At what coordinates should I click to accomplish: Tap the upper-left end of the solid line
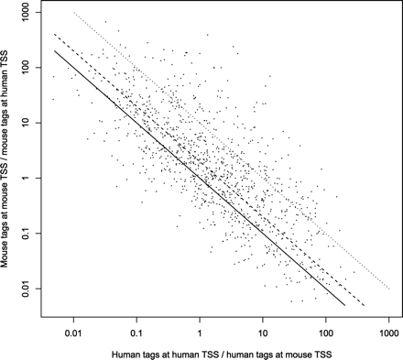point(54,51)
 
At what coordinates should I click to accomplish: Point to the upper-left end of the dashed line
point(54,35)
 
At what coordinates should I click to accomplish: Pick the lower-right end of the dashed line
point(365,306)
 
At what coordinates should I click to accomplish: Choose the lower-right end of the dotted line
point(389,289)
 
